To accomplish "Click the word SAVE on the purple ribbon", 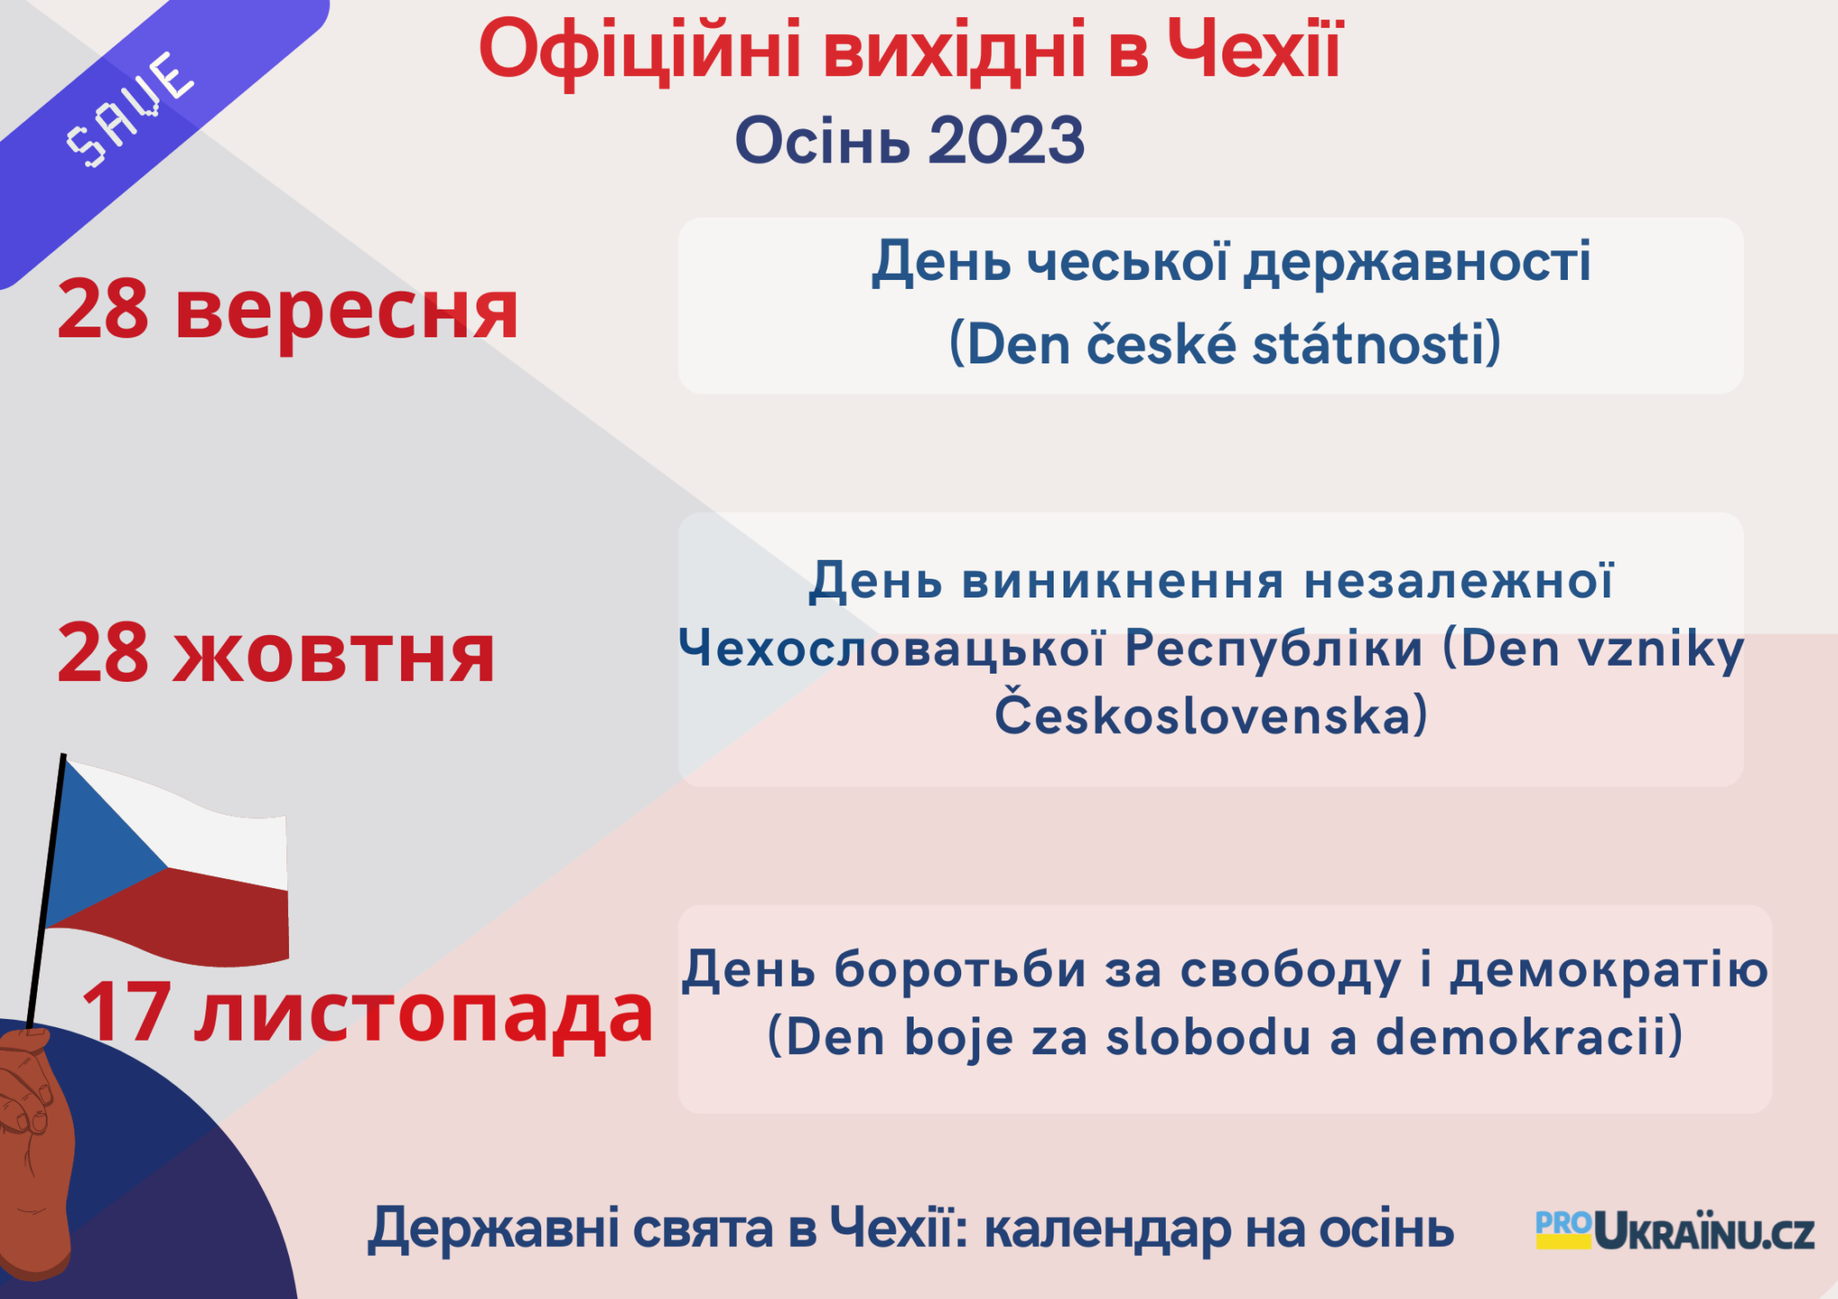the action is [x=129, y=109].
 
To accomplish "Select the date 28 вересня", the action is [x=288, y=309].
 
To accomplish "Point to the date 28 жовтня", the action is [x=276, y=653].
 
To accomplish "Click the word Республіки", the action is [x=1273, y=649].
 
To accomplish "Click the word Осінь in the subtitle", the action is [x=822, y=141].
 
